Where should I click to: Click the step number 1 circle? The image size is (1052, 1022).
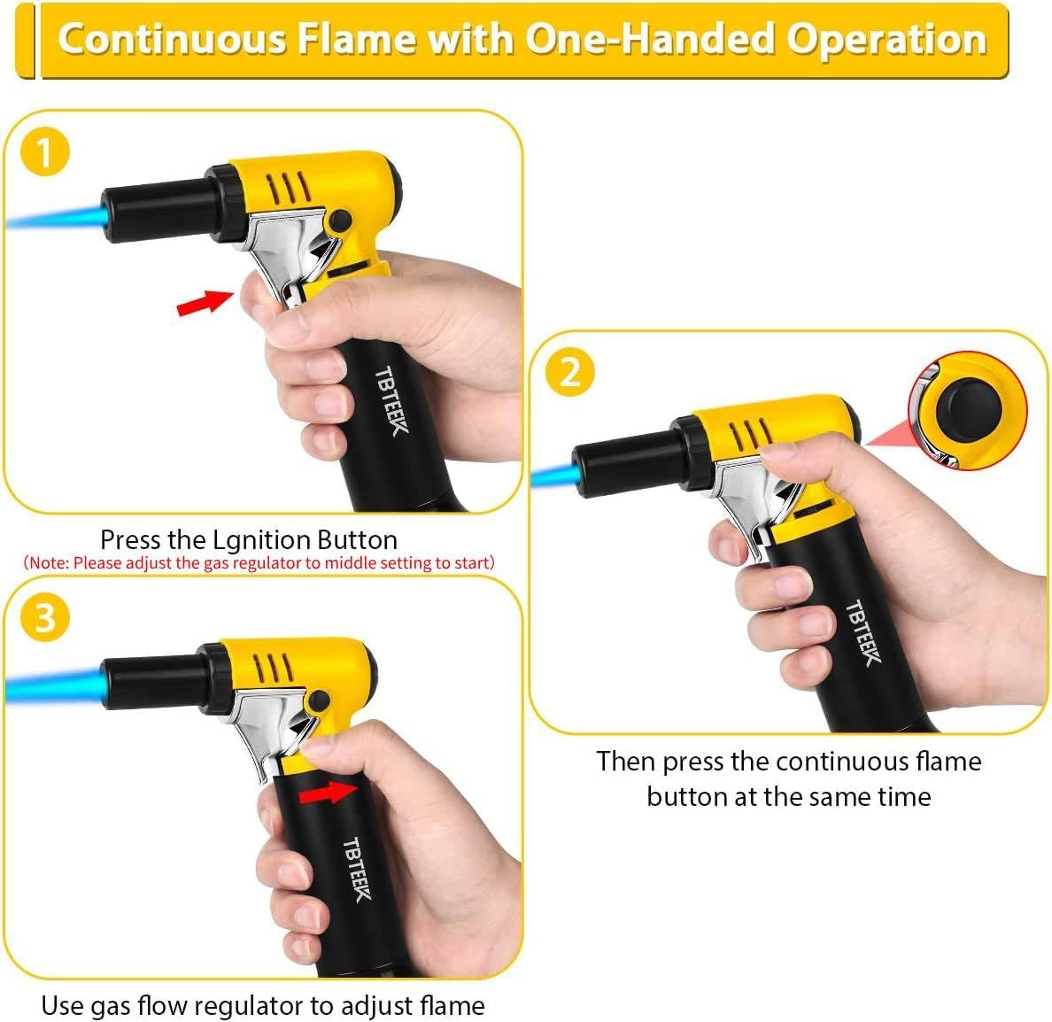tap(43, 152)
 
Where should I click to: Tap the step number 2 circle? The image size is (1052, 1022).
tap(569, 372)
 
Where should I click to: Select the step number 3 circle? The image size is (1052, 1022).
tap(44, 616)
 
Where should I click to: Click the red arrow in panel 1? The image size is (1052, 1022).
tap(201, 302)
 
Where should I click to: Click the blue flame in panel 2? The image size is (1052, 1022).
tap(554, 476)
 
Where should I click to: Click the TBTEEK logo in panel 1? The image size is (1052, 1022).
tap(391, 400)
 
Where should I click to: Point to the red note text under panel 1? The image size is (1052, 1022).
tap(259, 562)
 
